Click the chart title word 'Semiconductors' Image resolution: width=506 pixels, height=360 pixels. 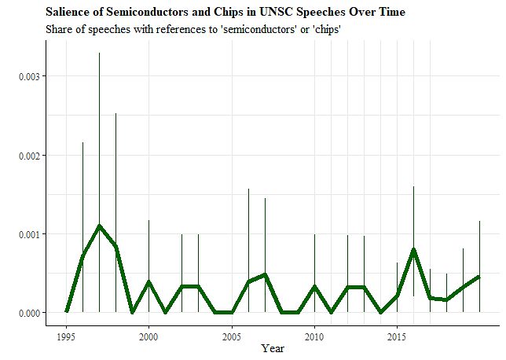(133, 13)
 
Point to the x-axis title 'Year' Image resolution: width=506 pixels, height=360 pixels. (273, 348)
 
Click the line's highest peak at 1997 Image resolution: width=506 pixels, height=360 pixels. (99, 226)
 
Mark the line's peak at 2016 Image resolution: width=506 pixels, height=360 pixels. (413, 249)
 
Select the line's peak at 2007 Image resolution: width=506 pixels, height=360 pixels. (265, 274)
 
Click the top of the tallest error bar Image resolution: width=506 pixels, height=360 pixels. (99, 53)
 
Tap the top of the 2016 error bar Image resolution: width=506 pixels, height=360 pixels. (413, 186)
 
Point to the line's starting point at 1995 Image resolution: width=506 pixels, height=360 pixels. (66, 312)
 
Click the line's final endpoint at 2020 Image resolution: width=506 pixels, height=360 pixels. (479, 277)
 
